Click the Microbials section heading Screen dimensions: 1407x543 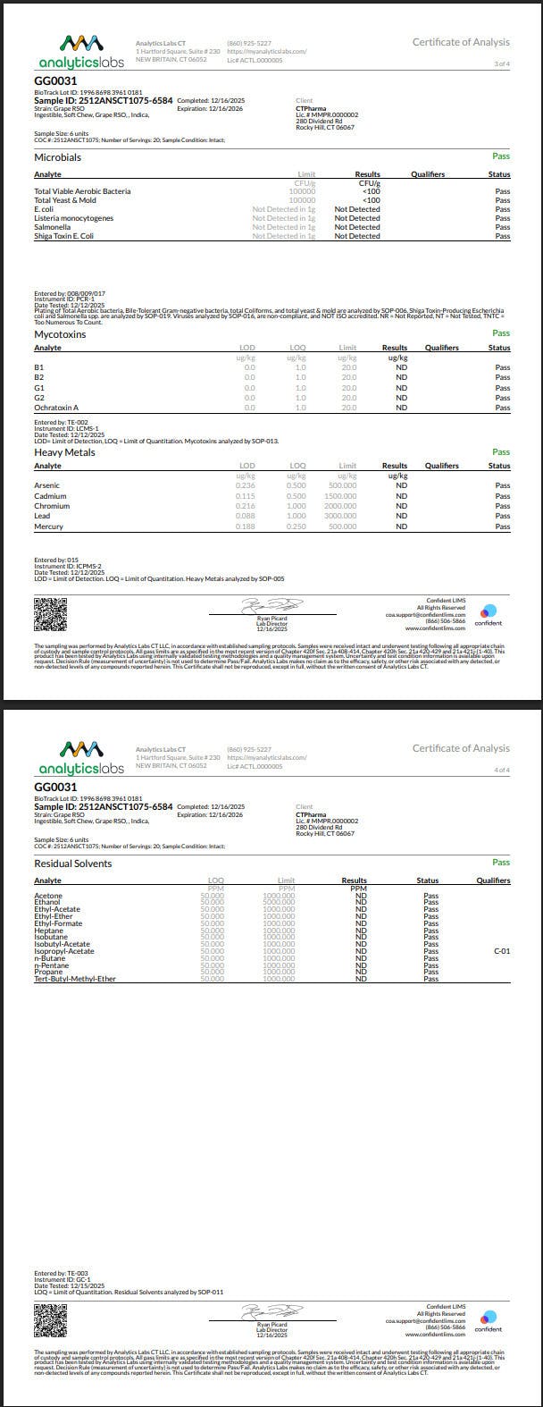click(x=57, y=157)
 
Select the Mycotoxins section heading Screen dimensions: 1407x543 click(x=60, y=334)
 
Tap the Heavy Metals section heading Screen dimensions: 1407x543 click(x=64, y=452)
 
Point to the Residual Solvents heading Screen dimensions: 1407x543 click(x=73, y=864)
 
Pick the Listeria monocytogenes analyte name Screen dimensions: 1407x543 click(x=74, y=218)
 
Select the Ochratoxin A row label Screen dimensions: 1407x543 click(x=56, y=408)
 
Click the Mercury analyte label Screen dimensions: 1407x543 click(x=48, y=527)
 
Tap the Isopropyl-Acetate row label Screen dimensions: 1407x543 click(x=63, y=951)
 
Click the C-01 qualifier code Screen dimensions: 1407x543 click(x=501, y=951)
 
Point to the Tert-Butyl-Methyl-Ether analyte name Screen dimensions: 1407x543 click(x=75, y=979)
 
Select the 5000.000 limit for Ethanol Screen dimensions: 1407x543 click(x=279, y=903)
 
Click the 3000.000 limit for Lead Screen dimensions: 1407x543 click(x=340, y=516)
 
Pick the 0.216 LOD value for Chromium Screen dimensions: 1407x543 click(x=245, y=506)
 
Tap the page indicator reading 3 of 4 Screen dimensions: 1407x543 click(x=501, y=63)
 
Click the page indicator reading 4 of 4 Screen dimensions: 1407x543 click(x=501, y=770)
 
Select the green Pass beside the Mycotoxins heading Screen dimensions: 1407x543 click(x=501, y=333)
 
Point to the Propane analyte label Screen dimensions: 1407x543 click(x=48, y=972)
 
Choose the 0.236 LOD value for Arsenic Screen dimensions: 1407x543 click(x=245, y=485)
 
